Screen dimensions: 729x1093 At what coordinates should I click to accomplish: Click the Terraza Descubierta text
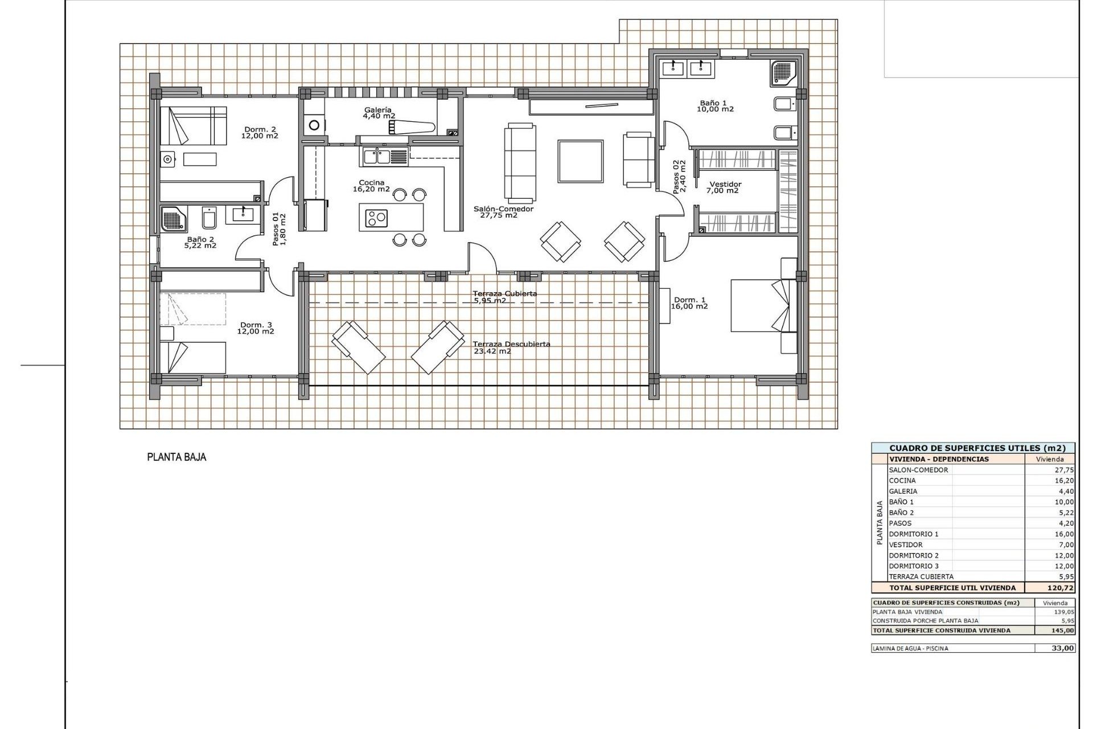(x=511, y=344)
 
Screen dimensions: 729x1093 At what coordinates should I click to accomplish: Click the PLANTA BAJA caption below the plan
(x=176, y=457)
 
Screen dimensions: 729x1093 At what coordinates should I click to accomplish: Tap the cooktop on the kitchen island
(x=376, y=218)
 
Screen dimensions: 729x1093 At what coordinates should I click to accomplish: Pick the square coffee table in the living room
(x=580, y=161)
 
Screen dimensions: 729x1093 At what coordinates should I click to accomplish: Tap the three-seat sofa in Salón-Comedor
(x=520, y=163)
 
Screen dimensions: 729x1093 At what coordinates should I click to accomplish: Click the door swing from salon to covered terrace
(x=482, y=258)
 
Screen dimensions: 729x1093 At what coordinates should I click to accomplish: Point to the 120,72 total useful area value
(x=1060, y=588)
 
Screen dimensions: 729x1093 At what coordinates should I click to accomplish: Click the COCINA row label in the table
(x=902, y=481)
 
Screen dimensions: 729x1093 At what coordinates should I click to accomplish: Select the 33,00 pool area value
(x=1063, y=648)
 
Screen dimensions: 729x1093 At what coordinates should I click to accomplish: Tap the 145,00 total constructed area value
(x=1063, y=630)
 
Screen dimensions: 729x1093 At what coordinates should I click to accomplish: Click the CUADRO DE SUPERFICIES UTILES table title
(x=973, y=448)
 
